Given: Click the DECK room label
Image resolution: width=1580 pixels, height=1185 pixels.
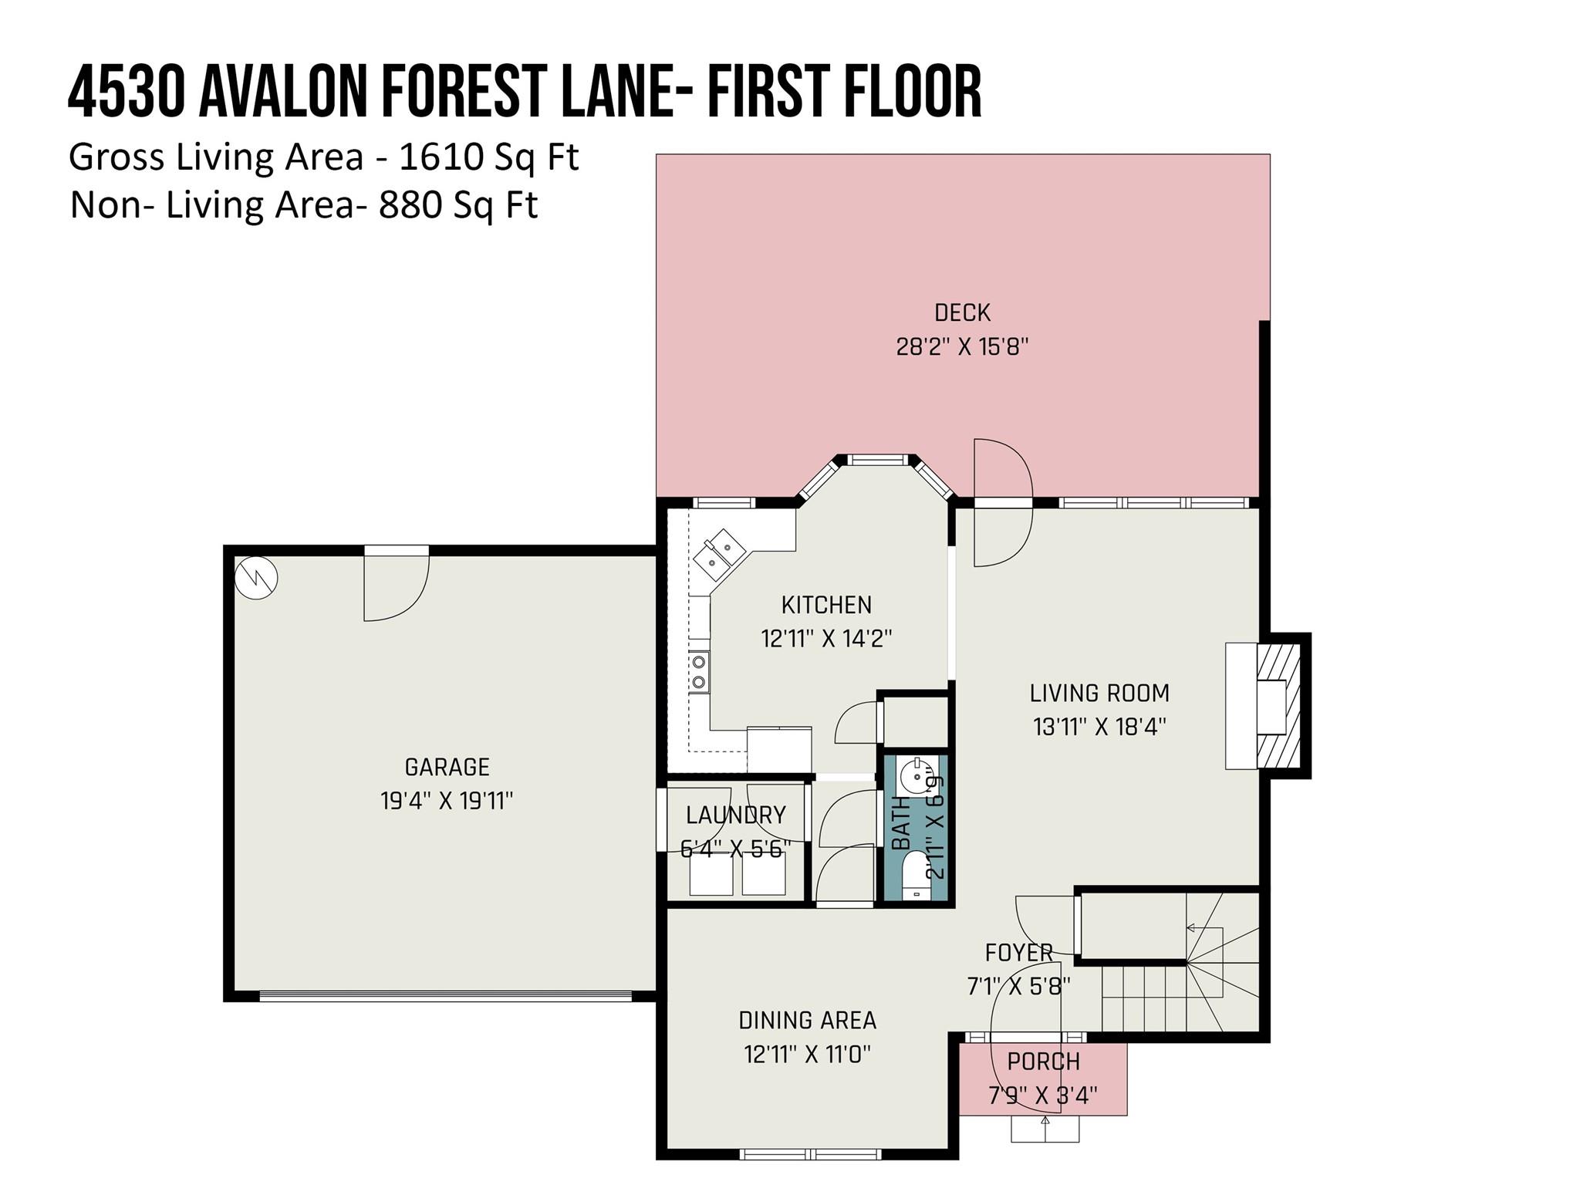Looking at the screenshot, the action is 962,312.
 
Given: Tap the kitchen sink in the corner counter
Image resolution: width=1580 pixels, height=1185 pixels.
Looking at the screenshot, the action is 718,553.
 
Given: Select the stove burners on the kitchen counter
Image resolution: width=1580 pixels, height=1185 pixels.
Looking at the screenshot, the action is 700,672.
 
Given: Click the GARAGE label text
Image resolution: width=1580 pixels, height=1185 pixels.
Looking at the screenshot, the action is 447,767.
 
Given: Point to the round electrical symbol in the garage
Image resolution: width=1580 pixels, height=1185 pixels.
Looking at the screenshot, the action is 256,578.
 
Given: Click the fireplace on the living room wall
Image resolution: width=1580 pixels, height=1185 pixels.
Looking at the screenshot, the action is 1268,706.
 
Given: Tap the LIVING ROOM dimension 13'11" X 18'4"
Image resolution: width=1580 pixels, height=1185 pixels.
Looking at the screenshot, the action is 1099,727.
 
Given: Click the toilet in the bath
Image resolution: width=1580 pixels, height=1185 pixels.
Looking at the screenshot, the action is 917,874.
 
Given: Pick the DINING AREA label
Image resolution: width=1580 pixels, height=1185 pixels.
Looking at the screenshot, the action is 808,1021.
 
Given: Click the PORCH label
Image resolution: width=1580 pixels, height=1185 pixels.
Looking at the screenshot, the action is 1043,1062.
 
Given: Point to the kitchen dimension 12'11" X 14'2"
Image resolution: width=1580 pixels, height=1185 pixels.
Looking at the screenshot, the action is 826,639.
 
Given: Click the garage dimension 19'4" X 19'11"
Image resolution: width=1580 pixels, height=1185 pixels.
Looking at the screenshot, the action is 447,801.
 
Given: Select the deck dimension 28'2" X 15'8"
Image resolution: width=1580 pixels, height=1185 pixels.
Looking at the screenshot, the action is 962,346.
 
